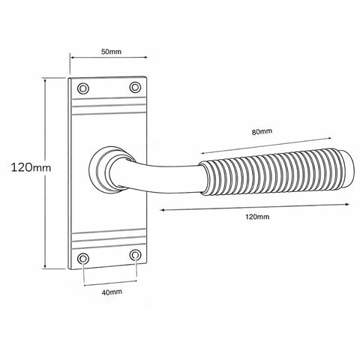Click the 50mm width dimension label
109,51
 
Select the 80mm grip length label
262,132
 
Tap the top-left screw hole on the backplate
83,88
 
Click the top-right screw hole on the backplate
135,88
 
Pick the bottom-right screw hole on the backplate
135,256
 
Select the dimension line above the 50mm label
109,60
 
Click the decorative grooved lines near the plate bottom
109,240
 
